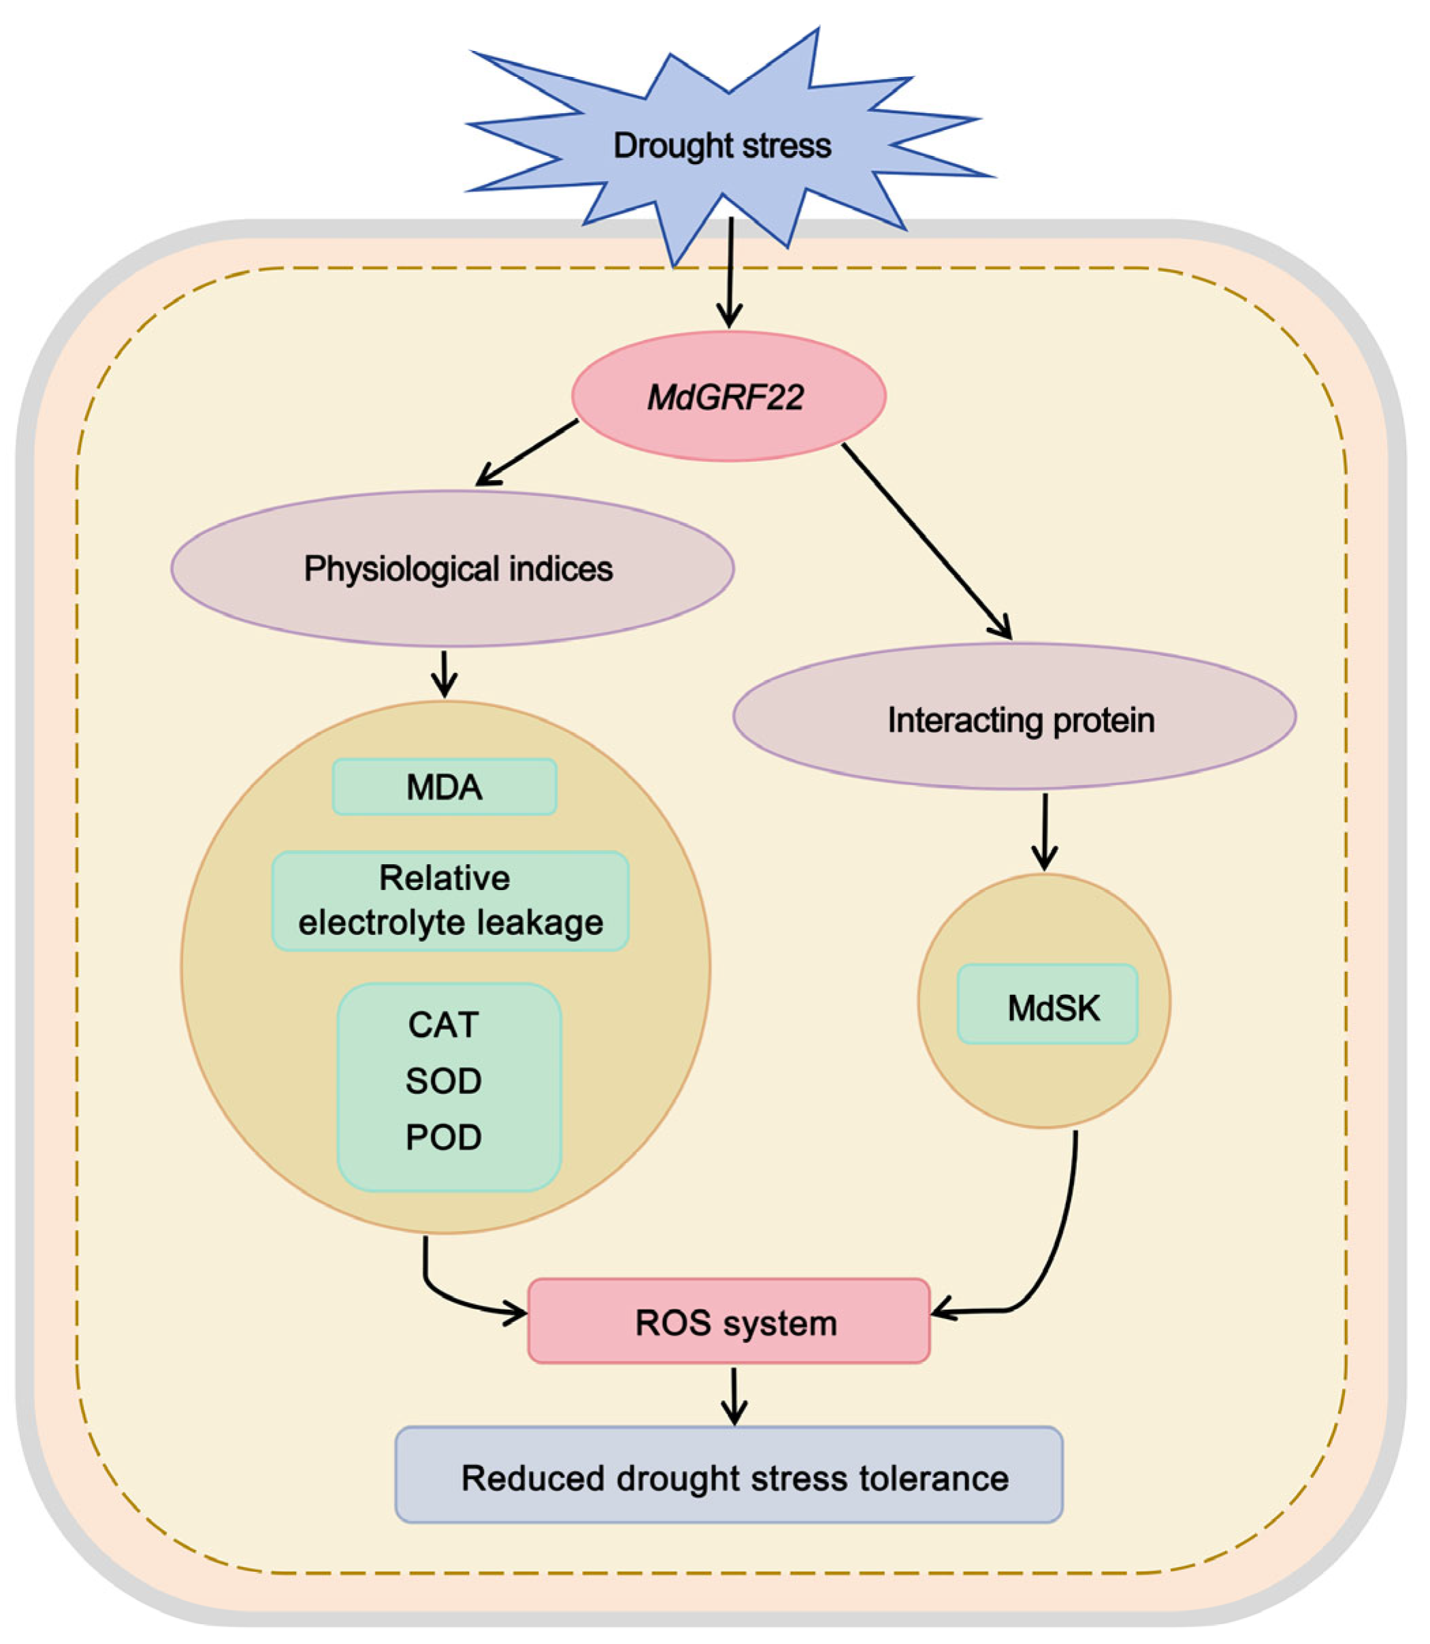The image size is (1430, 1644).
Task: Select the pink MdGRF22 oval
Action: point(728,396)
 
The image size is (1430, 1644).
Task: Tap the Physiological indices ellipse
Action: point(453,569)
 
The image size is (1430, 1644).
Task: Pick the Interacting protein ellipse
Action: point(1014,716)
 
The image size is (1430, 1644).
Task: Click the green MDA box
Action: point(444,787)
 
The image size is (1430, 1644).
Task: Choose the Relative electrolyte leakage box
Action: point(451,900)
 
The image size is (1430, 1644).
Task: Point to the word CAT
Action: point(444,1024)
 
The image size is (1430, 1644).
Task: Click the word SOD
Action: point(444,1081)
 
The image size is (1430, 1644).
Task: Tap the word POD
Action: point(444,1138)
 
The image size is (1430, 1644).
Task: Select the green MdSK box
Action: point(1047,1004)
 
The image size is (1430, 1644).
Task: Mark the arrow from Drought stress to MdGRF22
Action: point(730,272)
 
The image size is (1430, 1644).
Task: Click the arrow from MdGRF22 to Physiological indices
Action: point(527,453)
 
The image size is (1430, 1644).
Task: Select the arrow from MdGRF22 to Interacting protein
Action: point(927,541)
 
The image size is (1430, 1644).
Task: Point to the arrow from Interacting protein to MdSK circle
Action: point(1045,831)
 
